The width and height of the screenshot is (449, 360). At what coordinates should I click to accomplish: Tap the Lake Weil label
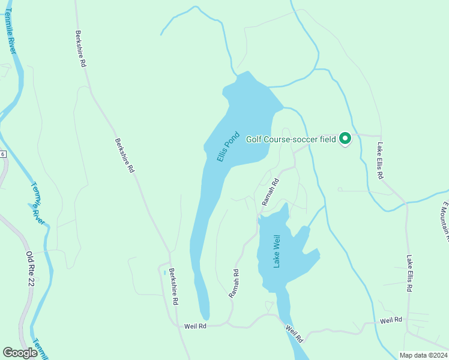click(x=277, y=251)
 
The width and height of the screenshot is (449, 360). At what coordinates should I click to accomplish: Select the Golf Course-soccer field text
click(x=291, y=139)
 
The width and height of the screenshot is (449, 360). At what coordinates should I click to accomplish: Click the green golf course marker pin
click(x=345, y=139)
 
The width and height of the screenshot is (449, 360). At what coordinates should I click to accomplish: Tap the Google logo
click(x=20, y=353)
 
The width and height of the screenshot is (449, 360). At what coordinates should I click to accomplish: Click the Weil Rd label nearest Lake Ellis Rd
click(x=391, y=320)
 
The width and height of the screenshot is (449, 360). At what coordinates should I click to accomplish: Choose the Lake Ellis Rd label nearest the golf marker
click(x=380, y=161)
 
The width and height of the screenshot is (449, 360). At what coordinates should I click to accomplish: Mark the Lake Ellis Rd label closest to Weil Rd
click(x=409, y=274)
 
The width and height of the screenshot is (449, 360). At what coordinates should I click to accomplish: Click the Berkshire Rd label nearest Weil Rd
click(x=173, y=287)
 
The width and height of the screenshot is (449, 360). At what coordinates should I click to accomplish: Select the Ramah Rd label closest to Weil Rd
click(x=234, y=283)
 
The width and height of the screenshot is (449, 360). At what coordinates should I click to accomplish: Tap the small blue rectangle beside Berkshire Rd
click(x=164, y=272)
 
